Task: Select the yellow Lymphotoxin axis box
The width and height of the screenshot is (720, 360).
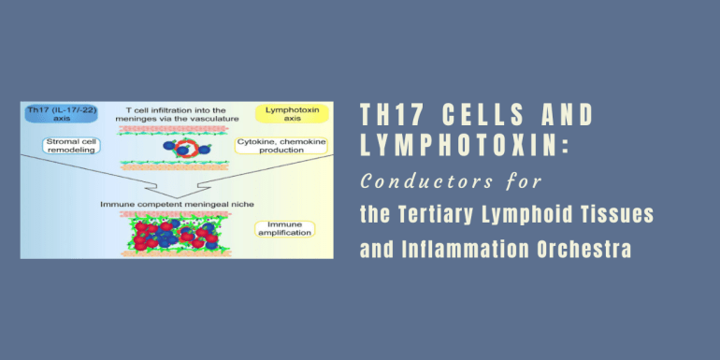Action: (x=293, y=114)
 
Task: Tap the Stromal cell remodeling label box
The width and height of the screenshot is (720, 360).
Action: (x=71, y=146)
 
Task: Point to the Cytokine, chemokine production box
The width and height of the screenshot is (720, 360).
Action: (x=281, y=146)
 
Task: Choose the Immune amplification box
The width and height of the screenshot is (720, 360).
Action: (x=284, y=229)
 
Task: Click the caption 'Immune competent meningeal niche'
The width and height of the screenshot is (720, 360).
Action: (x=177, y=204)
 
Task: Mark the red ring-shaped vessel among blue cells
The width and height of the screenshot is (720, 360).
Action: (x=187, y=147)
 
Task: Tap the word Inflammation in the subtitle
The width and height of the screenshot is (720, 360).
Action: (x=465, y=250)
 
